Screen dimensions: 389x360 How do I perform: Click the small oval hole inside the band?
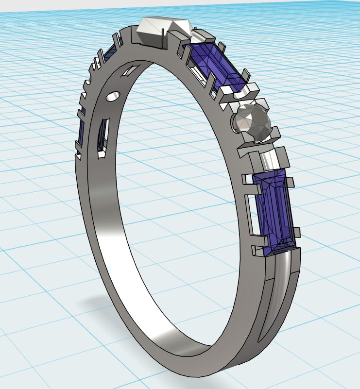[x=113, y=98]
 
